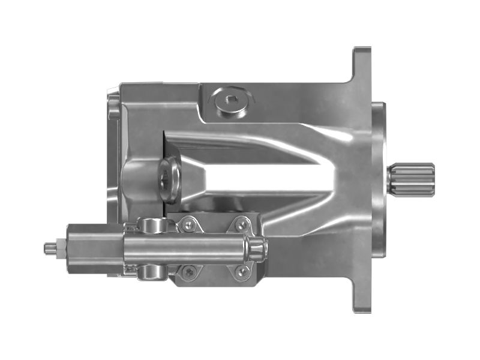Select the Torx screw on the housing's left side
point(166,175)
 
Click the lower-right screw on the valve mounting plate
point(242,271)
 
